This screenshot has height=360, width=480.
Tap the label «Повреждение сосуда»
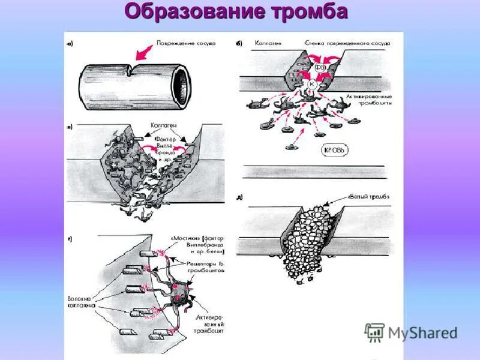(185, 43)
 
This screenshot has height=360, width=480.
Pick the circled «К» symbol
(311, 84)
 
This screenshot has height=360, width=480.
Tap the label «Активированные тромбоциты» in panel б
(369, 100)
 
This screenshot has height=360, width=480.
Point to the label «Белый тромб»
(370, 197)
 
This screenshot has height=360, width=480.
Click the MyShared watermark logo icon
(374, 332)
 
